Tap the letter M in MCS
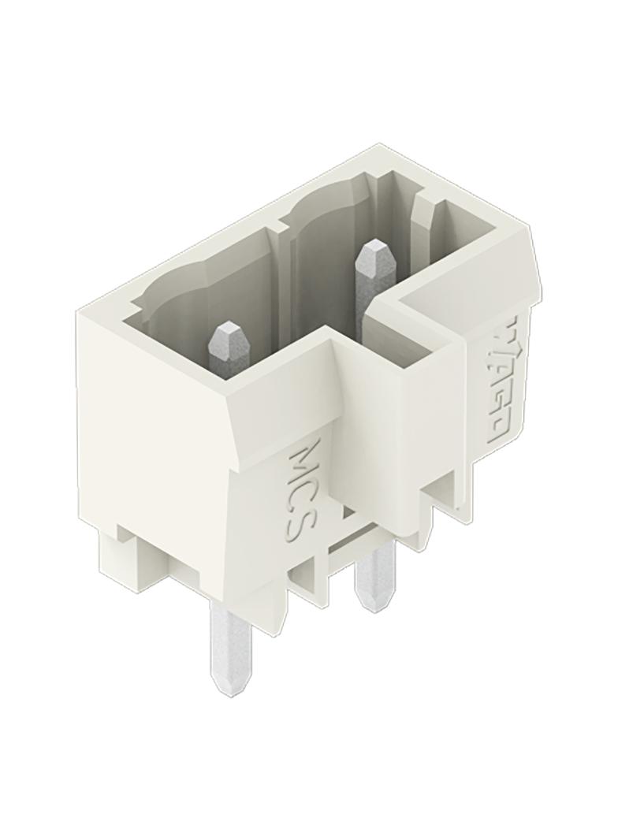coord(307,456)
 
